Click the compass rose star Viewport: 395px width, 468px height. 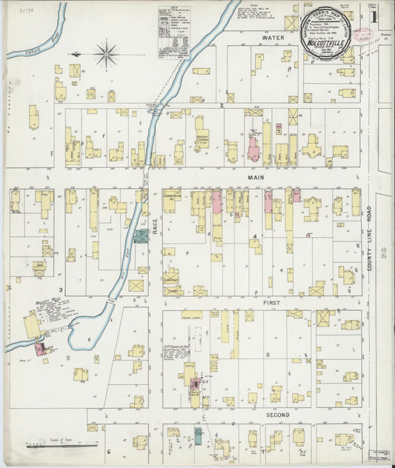(x=107, y=53)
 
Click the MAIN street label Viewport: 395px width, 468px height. (x=255, y=178)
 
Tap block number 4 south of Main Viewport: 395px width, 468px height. (x=255, y=238)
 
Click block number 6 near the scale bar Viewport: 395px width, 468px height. (x=108, y=450)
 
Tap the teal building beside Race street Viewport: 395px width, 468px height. (x=140, y=236)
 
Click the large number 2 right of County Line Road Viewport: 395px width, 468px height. (x=383, y=254)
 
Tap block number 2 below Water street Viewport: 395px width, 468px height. (x=221, y=106)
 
